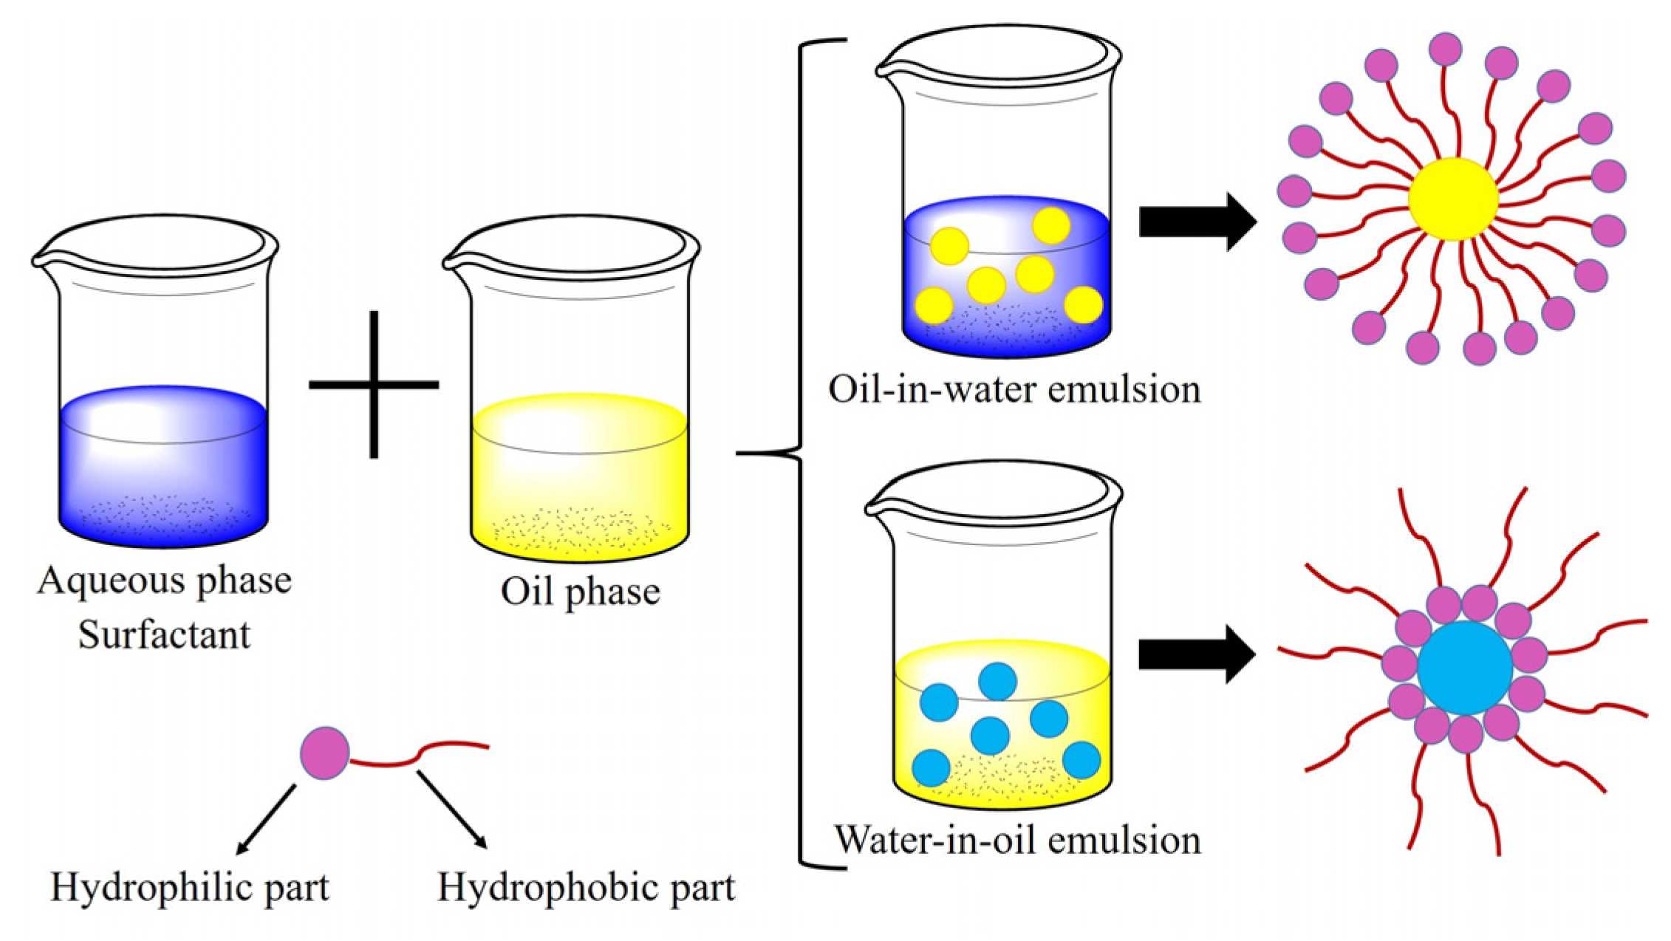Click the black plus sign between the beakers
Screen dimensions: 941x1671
(374, 384)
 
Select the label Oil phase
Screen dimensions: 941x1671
(580, 591)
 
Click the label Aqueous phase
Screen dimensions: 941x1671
(164, 581)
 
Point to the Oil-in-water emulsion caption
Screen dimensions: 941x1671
(1014, 389)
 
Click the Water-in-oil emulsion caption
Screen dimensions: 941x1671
(1017, 840)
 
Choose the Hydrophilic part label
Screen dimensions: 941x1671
(190, 887)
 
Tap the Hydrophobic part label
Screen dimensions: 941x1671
(586, 887)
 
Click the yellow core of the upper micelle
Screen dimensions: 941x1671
(1452, 199)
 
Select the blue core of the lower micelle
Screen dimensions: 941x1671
(1465, 668)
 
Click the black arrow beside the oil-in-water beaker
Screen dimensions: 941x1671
(1197, 222)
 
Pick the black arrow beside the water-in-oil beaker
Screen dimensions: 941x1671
(1197, 654)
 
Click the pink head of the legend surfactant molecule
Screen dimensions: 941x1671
(325, 753)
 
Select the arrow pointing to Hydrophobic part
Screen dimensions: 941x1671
(452, 810)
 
